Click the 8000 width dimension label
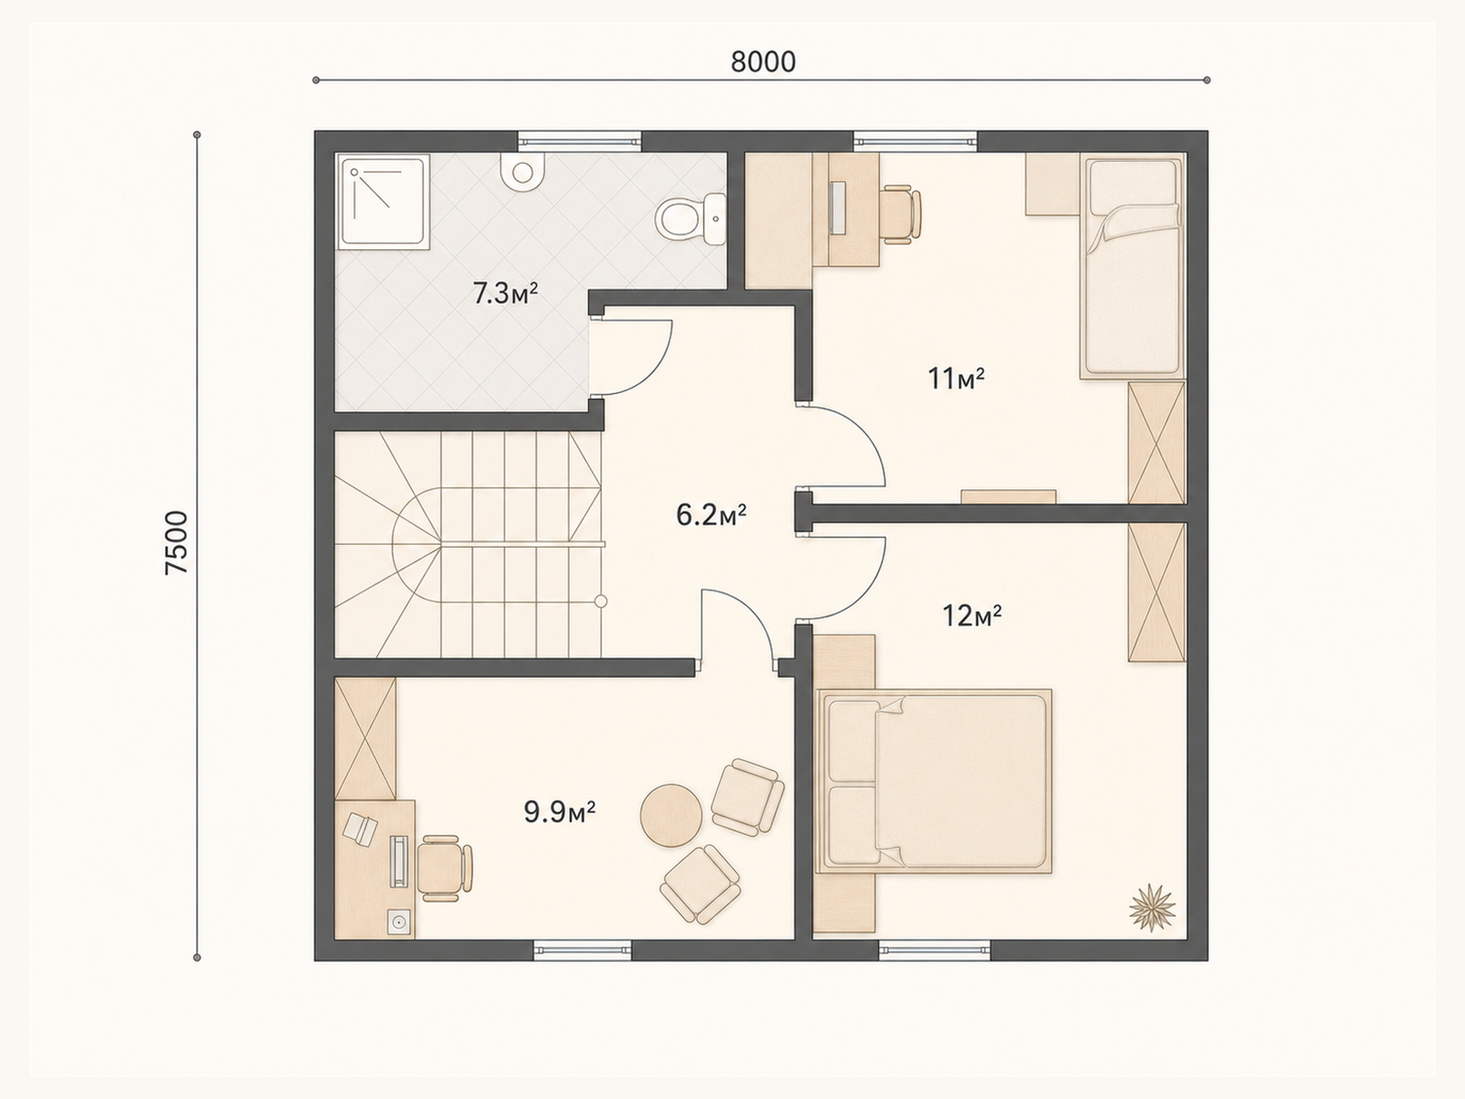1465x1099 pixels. click(763, 62)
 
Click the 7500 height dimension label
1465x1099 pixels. click(177, 542)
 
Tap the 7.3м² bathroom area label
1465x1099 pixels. click(505, 294)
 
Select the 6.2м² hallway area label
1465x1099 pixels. click(711, 515)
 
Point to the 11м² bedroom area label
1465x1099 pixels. click(957, 379)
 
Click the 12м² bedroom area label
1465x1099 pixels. click(971, 615)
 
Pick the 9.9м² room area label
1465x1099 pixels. click(559, 812)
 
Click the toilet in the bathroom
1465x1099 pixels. click(690, 218)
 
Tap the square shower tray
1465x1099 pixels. click(383, 202)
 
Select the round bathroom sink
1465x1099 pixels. click(523, 172)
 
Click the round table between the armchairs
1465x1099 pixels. click(671, 815)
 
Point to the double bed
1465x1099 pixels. click(934, 780)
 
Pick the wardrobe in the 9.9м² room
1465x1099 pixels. click(365, 739)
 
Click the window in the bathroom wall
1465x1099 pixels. click(580, 141)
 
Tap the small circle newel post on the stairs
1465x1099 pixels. click(601, 601)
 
